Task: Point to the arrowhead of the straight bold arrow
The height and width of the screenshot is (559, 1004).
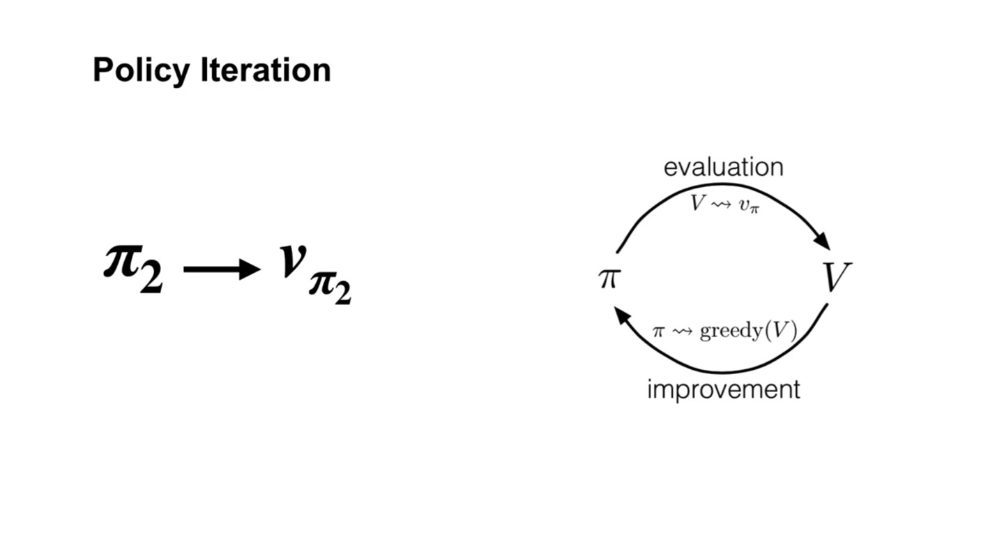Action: point(250,269)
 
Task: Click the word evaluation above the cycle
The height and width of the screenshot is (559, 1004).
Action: point(723,167)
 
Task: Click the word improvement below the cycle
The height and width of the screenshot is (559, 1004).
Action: point(723,389)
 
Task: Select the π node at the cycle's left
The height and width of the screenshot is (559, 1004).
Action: point(608,278)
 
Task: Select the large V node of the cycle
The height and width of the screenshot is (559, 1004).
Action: point(836,278)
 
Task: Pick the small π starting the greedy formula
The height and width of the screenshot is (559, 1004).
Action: point(658,331)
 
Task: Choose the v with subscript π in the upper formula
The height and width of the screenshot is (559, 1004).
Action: point(747,204)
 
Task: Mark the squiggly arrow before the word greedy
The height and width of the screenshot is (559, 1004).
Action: point(683,331)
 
